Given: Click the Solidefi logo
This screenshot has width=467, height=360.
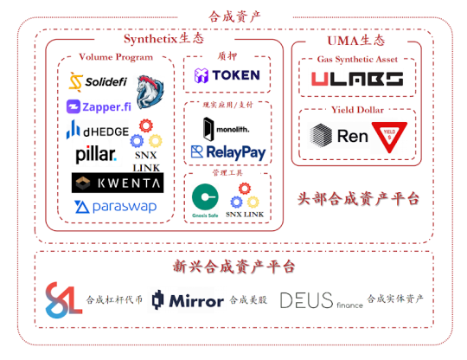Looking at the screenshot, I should coord(98,82).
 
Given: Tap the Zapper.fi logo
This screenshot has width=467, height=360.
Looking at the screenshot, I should coord(98,107).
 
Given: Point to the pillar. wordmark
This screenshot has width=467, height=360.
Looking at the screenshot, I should coord(94,156).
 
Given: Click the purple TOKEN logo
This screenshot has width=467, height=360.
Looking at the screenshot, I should coord(227,75).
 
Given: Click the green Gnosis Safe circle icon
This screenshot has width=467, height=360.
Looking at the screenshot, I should coord(204,196).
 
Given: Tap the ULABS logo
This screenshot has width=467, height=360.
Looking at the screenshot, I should coord(356,80).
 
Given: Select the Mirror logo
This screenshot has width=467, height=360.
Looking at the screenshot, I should coord(187,300).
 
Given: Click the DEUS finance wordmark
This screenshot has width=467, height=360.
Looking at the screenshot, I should coord(320,300).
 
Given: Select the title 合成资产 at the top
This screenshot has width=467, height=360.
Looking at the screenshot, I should coord(234,16).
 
